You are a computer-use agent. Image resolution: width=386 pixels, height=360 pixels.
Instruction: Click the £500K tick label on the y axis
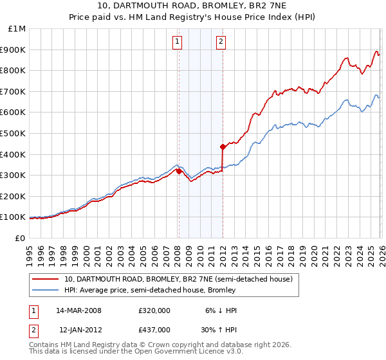point(13,133)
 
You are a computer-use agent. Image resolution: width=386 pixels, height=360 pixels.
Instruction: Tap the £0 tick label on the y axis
point(20,238)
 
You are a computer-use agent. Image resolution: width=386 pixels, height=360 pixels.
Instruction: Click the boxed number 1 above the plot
point(177,42)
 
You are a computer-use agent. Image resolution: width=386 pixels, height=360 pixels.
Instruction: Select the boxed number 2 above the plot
point(221,42)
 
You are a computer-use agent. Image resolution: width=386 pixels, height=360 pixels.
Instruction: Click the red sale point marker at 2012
point(223,146)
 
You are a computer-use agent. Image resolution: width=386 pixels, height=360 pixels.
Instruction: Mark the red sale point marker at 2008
point(179,171)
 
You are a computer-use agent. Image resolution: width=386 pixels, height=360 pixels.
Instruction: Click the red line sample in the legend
point(46,280)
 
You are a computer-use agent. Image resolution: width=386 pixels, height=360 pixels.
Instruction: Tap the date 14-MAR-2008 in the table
point(78,310)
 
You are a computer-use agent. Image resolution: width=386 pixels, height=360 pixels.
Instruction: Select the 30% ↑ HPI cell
point(216,328)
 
